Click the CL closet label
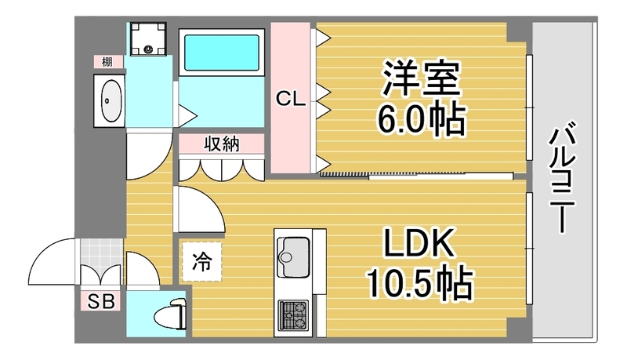[x=291, y=98]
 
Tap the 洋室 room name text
[x=421, y=78]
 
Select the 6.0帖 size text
[x=422, y=119]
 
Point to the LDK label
[x=419, y=242]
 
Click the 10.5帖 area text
[x=419, y=284]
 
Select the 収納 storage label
[x=222, y=144]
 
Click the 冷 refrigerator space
[x=201, y=262]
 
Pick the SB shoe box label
[x=101, y=301]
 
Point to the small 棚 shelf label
[x=107, y=62]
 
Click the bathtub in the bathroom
[x=222, y=53]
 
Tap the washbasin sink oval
[x=111, y=100]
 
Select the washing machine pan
[x=148, y=38]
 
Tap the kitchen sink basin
[x=293, y=257]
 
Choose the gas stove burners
[x=293, y=315]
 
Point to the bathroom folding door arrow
[x=187, y=116]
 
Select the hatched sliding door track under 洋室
[x=344, y=174]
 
